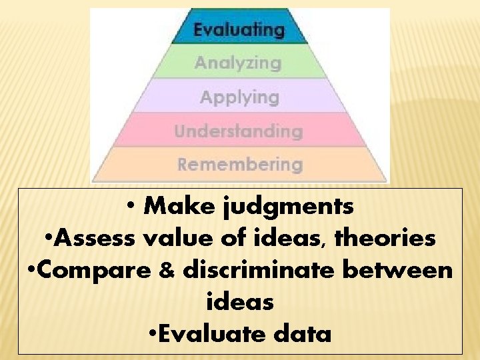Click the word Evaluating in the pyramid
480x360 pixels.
(x=239, y=29)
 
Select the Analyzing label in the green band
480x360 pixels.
(x=238, y=63)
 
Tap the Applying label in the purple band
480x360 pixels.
(x=239, y=97)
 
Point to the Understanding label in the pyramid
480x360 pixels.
(x=239, y=131)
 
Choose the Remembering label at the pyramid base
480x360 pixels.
(x=240, y=164)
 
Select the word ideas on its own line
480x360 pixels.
(x=240, y=301)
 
